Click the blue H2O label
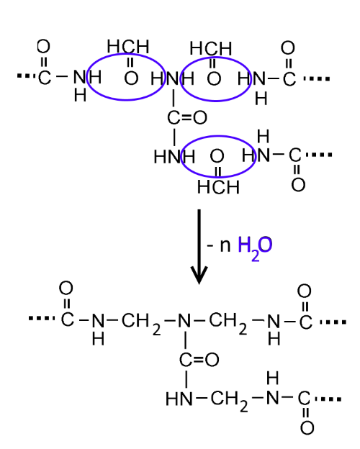[x=255, y=247]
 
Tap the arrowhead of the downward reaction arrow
[x=199, y=276]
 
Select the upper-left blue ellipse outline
[x=88, y=77]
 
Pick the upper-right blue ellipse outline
[x=181, y=78]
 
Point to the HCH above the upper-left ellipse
[x=128, y=46]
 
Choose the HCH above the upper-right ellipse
[x=211, y=48]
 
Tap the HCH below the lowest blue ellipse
[x=218, y=187]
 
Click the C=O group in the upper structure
[x=187, y=117]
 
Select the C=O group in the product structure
[x=199, y=359]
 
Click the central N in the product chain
[x=184, y=320]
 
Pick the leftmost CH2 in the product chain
[x=140, y=324]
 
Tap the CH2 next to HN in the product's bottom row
[x=229, y=401]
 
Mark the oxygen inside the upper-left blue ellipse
[x=131, y=78]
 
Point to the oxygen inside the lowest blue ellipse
[x=217, y=156]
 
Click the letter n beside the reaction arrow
[x=225, y=245]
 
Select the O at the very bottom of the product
[x=307, y=428]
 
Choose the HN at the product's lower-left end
[x=179, y=399]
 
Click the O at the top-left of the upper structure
[x=44, y=46]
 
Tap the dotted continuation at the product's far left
[x=42, y=318]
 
